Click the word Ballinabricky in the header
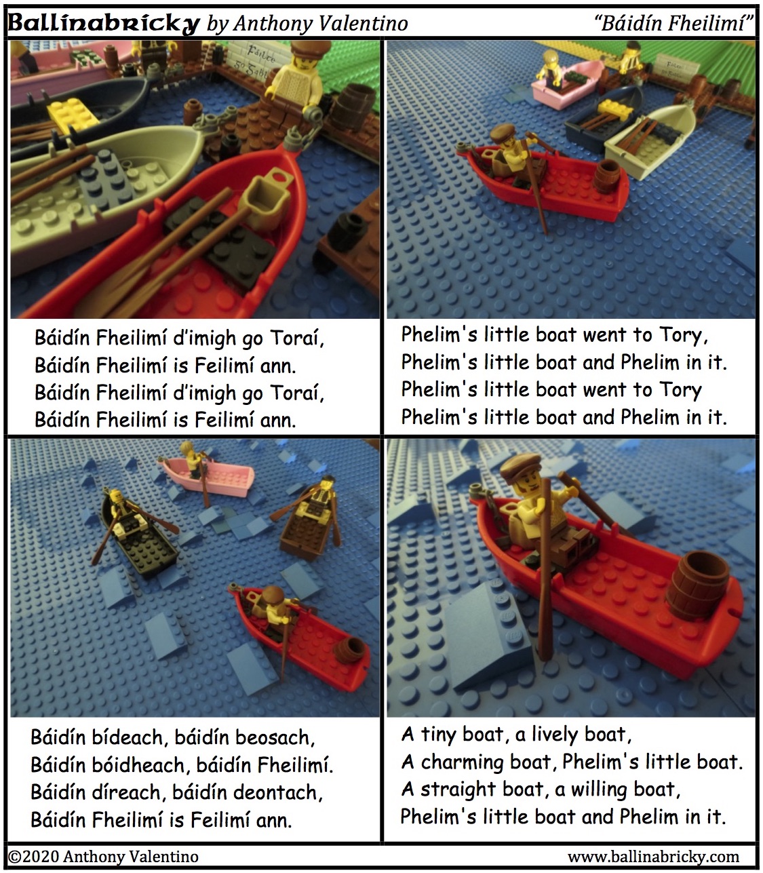pyautogui.click(x=104, y=23)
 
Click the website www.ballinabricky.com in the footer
pyautogui.click(x=653, y=856)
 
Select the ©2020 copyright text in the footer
pyautogui.click(x=104, y=856)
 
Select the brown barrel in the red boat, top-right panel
pyautogui.click(x=607, y=176)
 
